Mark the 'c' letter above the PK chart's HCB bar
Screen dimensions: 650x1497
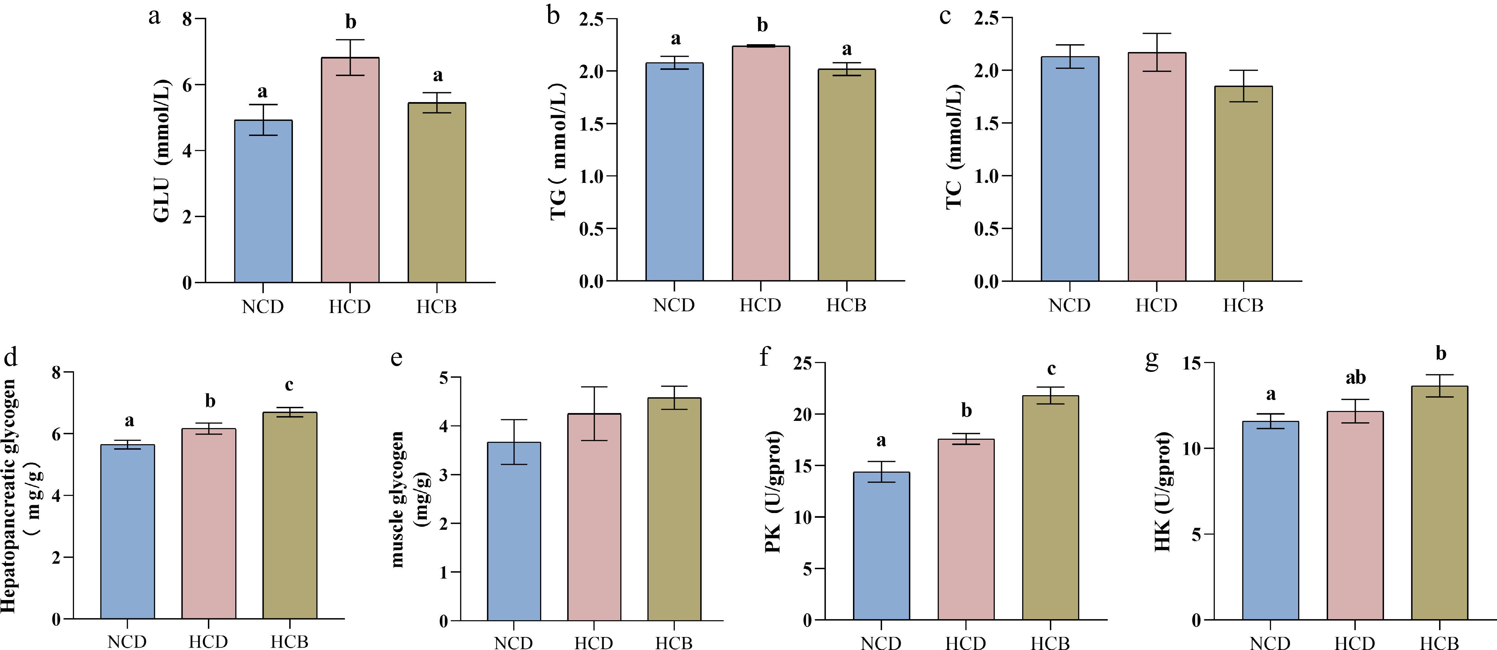tap(1051, 369)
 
